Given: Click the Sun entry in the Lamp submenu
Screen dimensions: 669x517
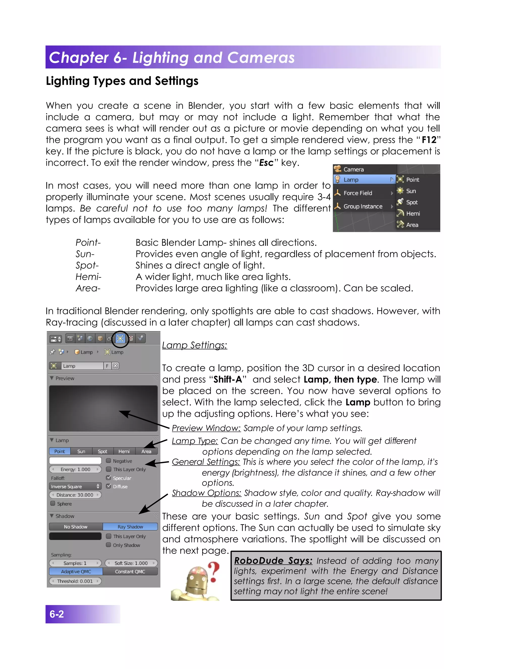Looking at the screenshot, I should [410, 191].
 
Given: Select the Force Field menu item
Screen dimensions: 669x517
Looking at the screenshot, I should [358, 193].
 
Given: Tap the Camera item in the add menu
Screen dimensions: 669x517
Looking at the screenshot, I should [353, 169].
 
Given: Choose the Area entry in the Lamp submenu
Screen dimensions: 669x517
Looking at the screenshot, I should [412, 225].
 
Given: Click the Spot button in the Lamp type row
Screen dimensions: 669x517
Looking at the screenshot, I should [102, 452].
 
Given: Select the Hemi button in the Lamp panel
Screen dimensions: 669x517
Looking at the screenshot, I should [124, 452].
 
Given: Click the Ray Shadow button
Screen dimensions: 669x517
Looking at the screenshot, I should [130, 527].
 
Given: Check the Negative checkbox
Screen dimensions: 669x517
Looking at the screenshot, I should [108, 461].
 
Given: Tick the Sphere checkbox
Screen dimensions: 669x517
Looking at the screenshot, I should [53, 504].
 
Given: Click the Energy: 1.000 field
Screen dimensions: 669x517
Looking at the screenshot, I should [75, 469].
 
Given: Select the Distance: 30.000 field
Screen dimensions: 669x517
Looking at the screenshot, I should [75, 495].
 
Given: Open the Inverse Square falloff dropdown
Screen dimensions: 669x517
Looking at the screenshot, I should [75, 486].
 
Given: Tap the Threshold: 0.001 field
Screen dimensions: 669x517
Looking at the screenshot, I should [75, 581].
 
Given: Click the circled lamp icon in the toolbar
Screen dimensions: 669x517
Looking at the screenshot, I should [120, 339].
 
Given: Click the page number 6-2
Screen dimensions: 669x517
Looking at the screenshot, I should [57, 614].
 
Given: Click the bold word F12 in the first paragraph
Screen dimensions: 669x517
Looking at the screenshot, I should [429, 140].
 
